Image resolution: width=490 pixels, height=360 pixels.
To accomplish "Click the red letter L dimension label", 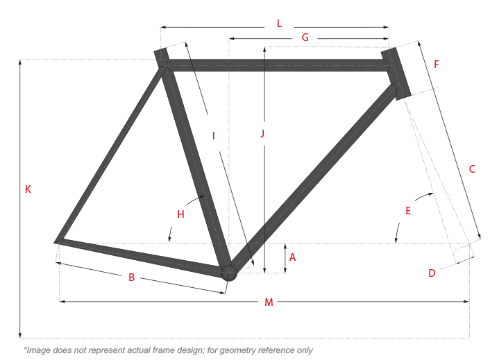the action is point(279,24).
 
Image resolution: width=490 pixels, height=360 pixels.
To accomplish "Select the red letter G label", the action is point(305,37).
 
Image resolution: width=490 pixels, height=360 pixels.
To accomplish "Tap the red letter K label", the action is point(28,189).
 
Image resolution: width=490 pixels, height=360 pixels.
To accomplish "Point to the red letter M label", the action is point(269,302).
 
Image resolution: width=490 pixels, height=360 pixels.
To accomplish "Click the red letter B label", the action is point(132,277).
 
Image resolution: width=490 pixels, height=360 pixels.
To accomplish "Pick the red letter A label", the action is point(292,257).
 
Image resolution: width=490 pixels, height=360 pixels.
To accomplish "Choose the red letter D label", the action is point(432,273).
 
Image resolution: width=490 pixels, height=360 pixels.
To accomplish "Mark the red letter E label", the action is point(408,211).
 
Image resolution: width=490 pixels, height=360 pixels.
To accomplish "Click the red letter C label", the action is point(472,169).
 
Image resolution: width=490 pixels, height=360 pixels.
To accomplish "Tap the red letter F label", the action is point(437,65).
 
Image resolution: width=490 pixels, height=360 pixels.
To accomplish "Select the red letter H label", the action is point(180,214).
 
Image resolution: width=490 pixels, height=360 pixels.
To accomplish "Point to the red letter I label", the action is point(214,136).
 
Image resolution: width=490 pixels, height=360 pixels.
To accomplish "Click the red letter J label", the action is point(262,134).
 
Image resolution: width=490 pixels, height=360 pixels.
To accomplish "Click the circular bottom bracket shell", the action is point(229,273).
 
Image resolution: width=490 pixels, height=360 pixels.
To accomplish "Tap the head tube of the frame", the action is point(396,74).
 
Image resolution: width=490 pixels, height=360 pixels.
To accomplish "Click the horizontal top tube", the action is point(278,65).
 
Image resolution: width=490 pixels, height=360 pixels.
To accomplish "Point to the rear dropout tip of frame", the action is point(56,241).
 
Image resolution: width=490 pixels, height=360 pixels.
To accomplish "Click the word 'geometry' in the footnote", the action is point(237,350).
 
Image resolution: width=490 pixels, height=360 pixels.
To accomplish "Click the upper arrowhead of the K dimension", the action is point(20,62).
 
